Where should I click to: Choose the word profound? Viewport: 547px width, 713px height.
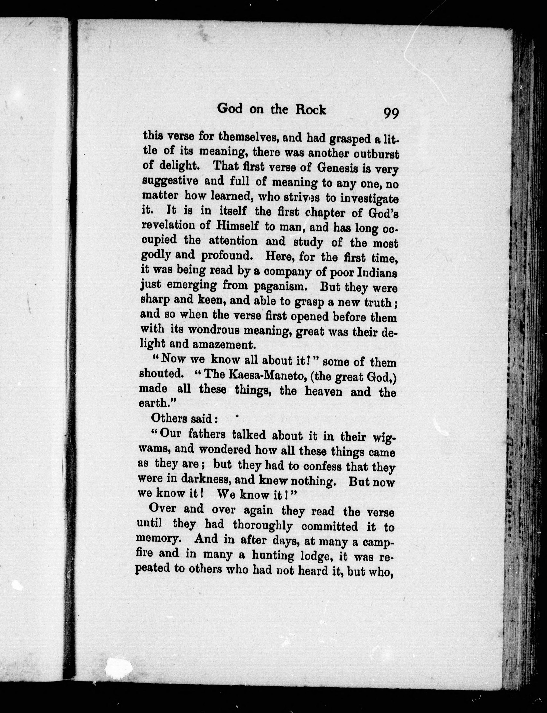(x=227, y=256)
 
